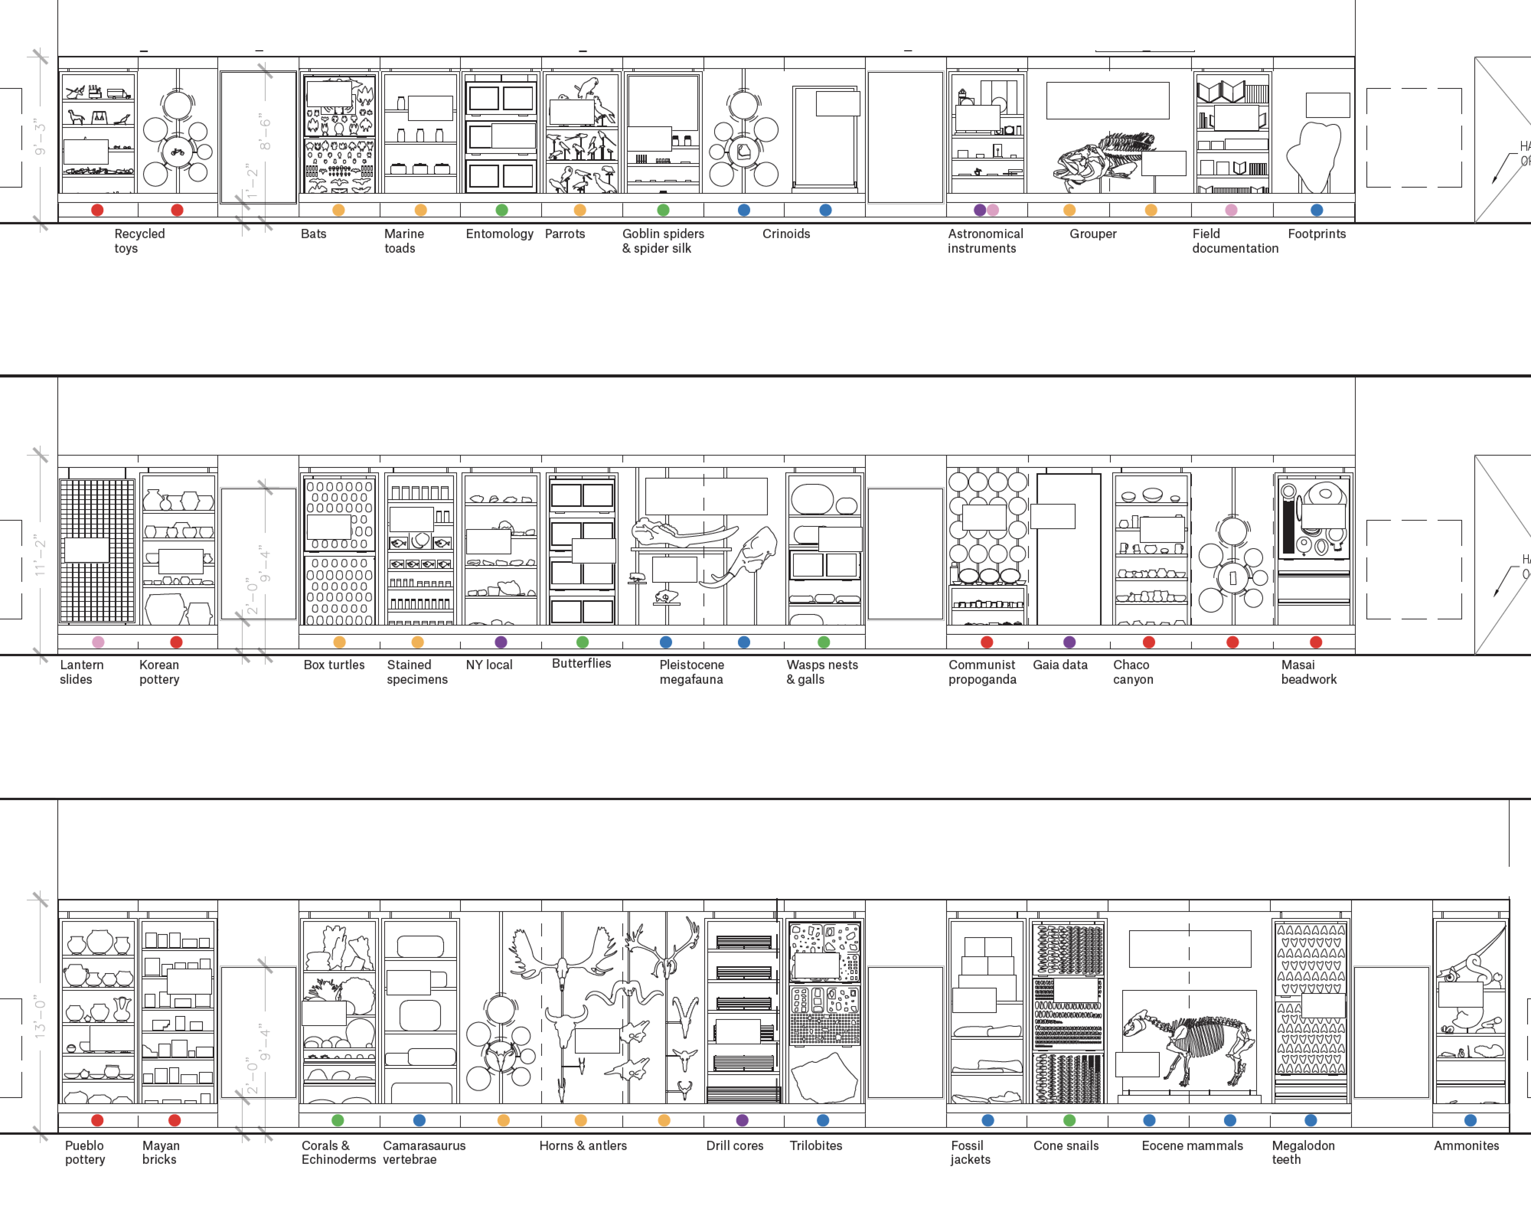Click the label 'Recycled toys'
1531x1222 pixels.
[x=139, y=241]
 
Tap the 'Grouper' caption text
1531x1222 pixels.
[x=1093, y=234]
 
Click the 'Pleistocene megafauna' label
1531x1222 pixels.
[x=692, y=672]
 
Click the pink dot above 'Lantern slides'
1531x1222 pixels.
[x=98, y=642]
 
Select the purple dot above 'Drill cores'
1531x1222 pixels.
[x=742, y=1120]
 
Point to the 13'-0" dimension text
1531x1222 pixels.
[x=40, y=1017]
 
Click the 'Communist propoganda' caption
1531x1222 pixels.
[x=982, y=672]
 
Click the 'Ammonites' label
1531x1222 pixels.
[x=1466, y=1145]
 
